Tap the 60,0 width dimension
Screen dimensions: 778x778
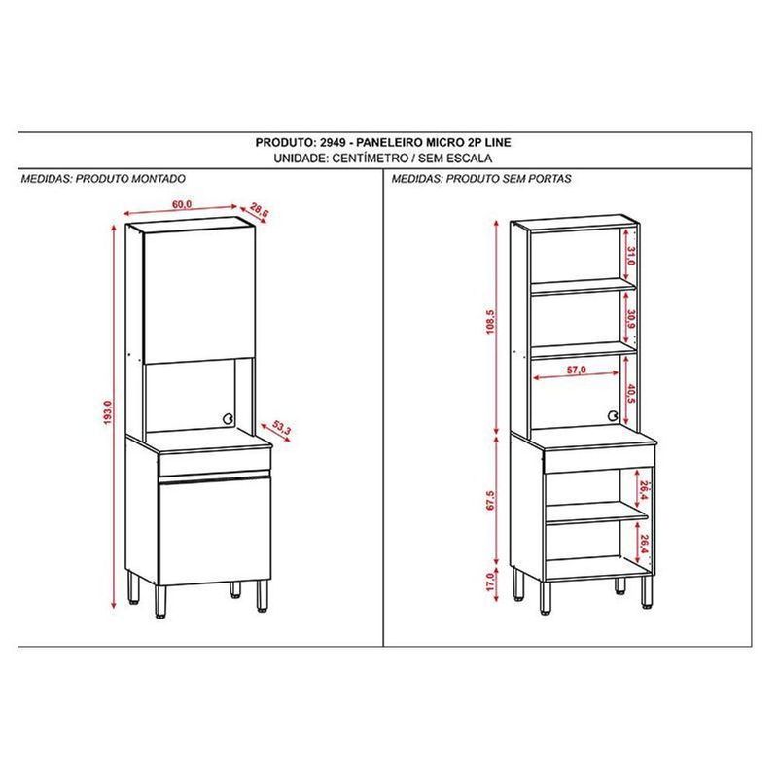tap(182, 203)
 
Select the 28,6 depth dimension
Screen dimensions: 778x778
tap(258, 209)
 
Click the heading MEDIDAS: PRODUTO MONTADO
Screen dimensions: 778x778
tap(102, 180)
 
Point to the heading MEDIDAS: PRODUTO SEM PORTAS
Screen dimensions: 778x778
tap(481, 180)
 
